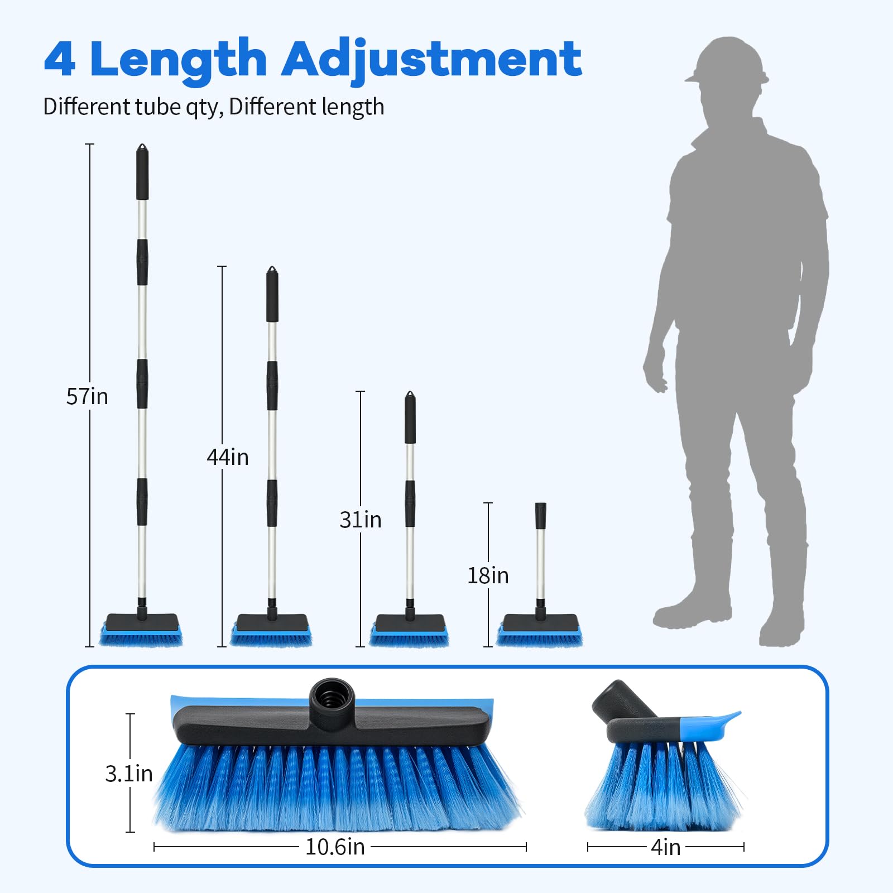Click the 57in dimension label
[87, 396]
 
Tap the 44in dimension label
[228, 457]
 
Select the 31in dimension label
[361, 520]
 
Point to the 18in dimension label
[488, 575]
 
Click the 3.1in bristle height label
[129, 774]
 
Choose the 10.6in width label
[335, 847]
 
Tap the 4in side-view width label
[666, 847]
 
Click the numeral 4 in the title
[59, 59]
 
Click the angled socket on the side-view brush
[622, 701]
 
